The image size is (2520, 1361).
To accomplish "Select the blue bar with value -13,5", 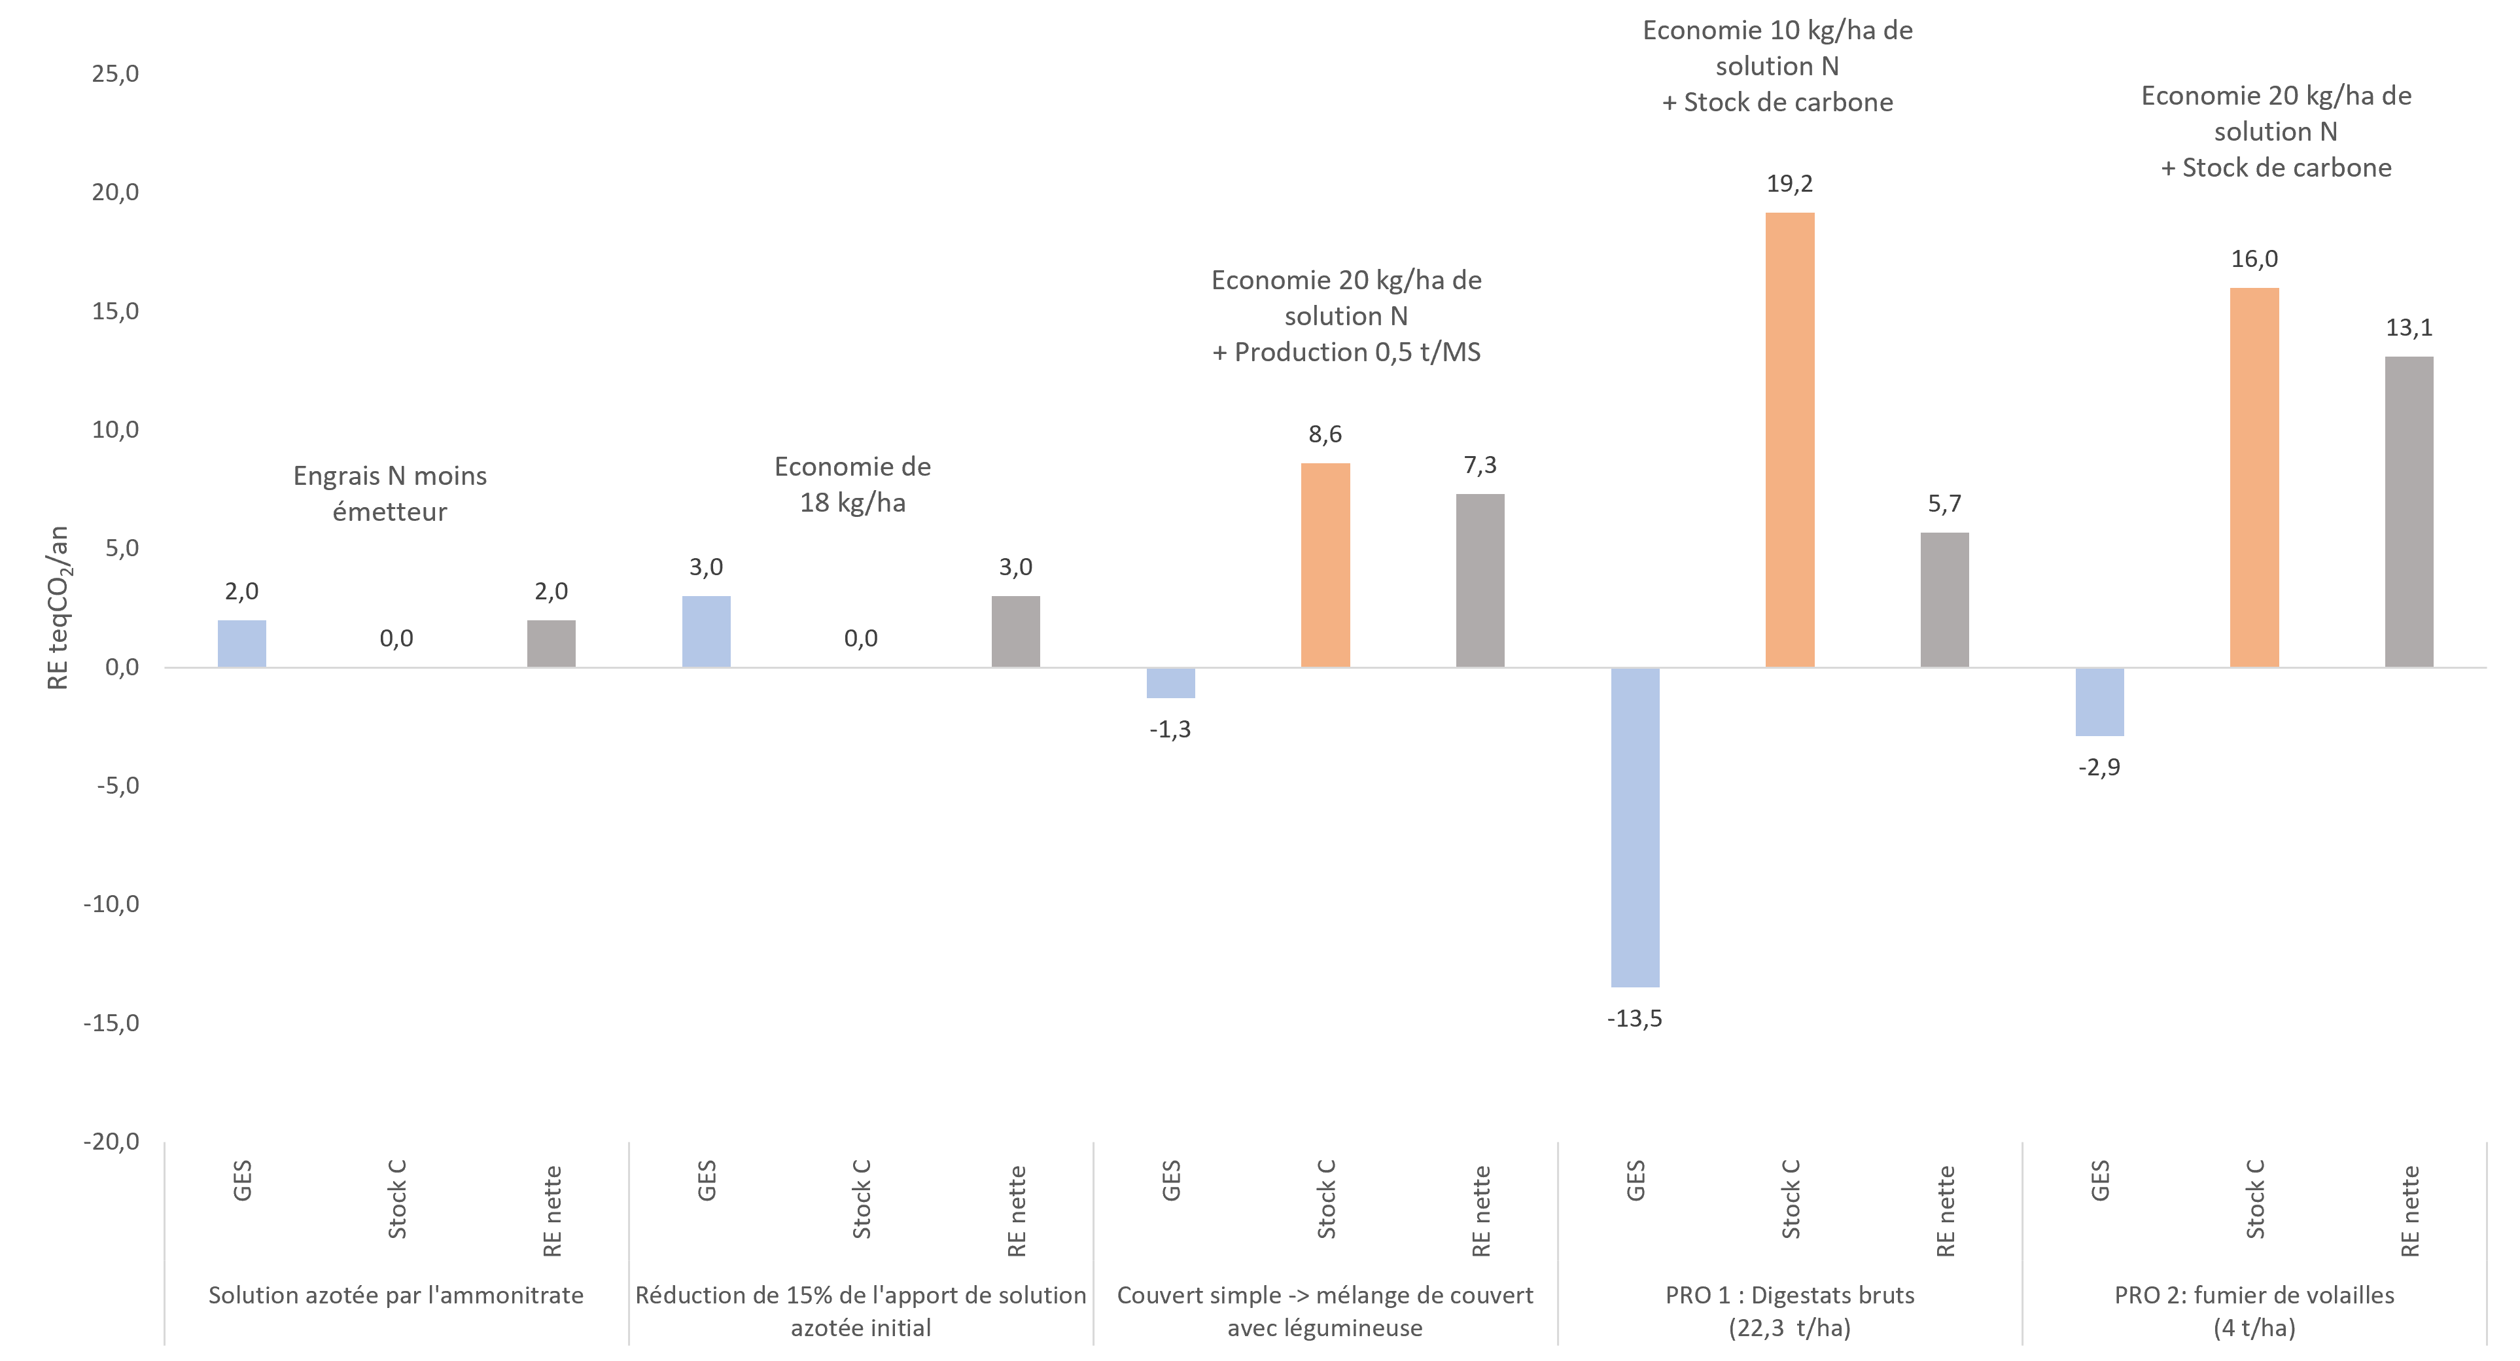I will (1635, 827).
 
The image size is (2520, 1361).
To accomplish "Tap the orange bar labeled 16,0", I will (2254, 478).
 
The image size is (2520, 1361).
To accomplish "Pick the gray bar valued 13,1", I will (2409, 512).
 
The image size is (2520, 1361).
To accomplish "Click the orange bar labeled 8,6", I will (1325, 565).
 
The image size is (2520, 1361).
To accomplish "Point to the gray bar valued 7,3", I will (1479, 580).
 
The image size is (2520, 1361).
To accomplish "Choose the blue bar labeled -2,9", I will (2099, 701).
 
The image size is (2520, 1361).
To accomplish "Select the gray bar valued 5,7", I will (1944, 600).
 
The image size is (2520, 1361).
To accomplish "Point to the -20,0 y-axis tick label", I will (111, 1142).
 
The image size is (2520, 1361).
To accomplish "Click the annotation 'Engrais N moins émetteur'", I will (389, 493).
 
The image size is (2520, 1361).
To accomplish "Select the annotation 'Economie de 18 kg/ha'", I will (852, 484).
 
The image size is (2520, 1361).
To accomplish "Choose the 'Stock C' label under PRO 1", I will (1790, 1199).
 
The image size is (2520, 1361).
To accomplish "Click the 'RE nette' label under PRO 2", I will (2409, 1211).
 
